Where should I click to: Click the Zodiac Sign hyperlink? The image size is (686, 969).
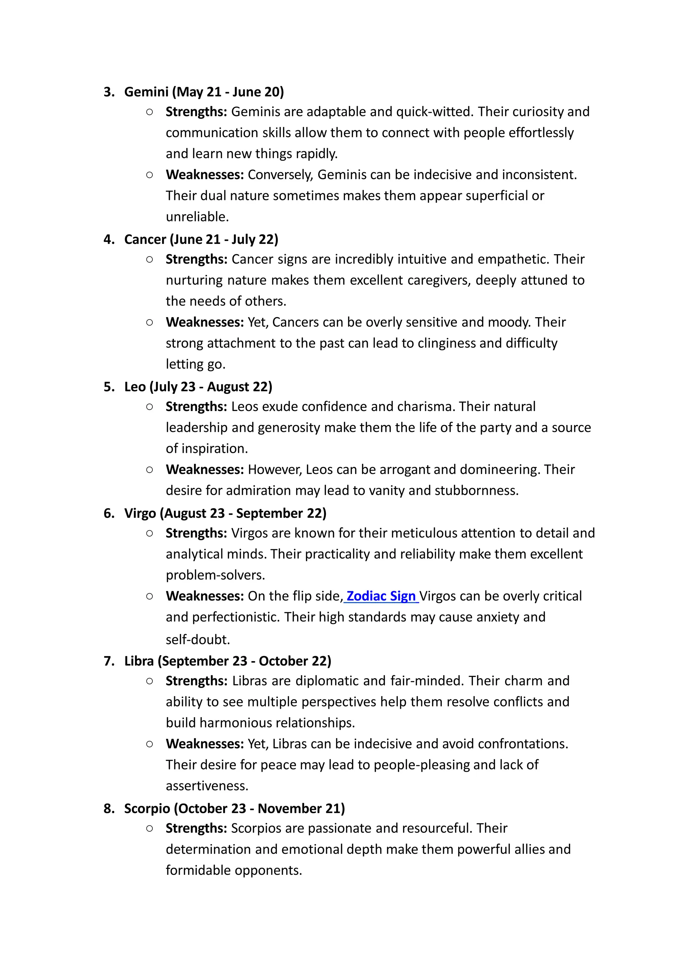point(381,596)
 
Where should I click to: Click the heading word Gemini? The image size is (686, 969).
point(146,92)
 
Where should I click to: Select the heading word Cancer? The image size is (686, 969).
point(145,239)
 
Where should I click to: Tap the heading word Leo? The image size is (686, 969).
point(135,387)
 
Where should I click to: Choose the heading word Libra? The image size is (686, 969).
point(139,661)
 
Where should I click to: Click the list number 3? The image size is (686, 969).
point(109,92)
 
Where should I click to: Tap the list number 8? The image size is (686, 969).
point(109,809)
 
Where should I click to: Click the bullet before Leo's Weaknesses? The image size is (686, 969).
point(149,469)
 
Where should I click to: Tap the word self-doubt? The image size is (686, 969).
point(197,639)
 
